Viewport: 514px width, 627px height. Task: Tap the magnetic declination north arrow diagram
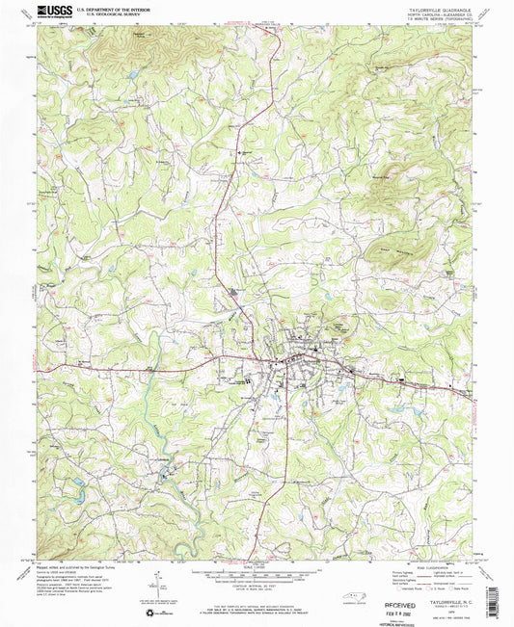[x=155, y=582]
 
